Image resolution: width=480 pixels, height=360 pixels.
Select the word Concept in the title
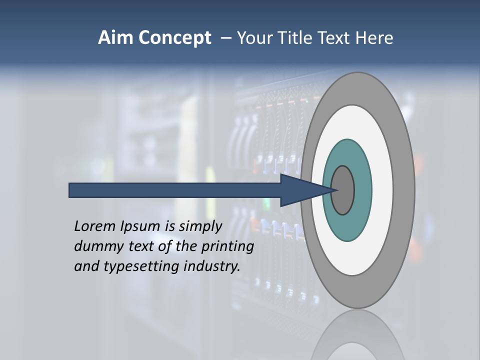pos(174,38)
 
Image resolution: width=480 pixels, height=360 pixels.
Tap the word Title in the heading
pos(293,38)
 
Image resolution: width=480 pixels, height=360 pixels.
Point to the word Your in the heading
pos(254,38)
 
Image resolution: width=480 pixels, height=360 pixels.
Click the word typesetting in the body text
pos(141,266)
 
